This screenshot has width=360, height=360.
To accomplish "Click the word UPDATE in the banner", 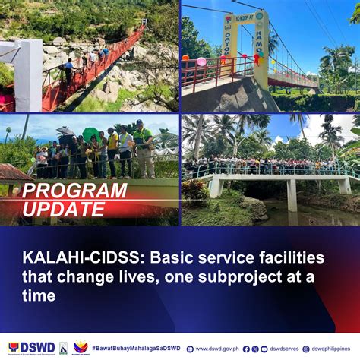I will (62, 210).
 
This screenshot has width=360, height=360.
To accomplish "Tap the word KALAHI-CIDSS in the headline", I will (68, 259).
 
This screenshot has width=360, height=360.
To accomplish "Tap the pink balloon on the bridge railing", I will (201, 62).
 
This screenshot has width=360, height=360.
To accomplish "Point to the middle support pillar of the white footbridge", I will (292, 195).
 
